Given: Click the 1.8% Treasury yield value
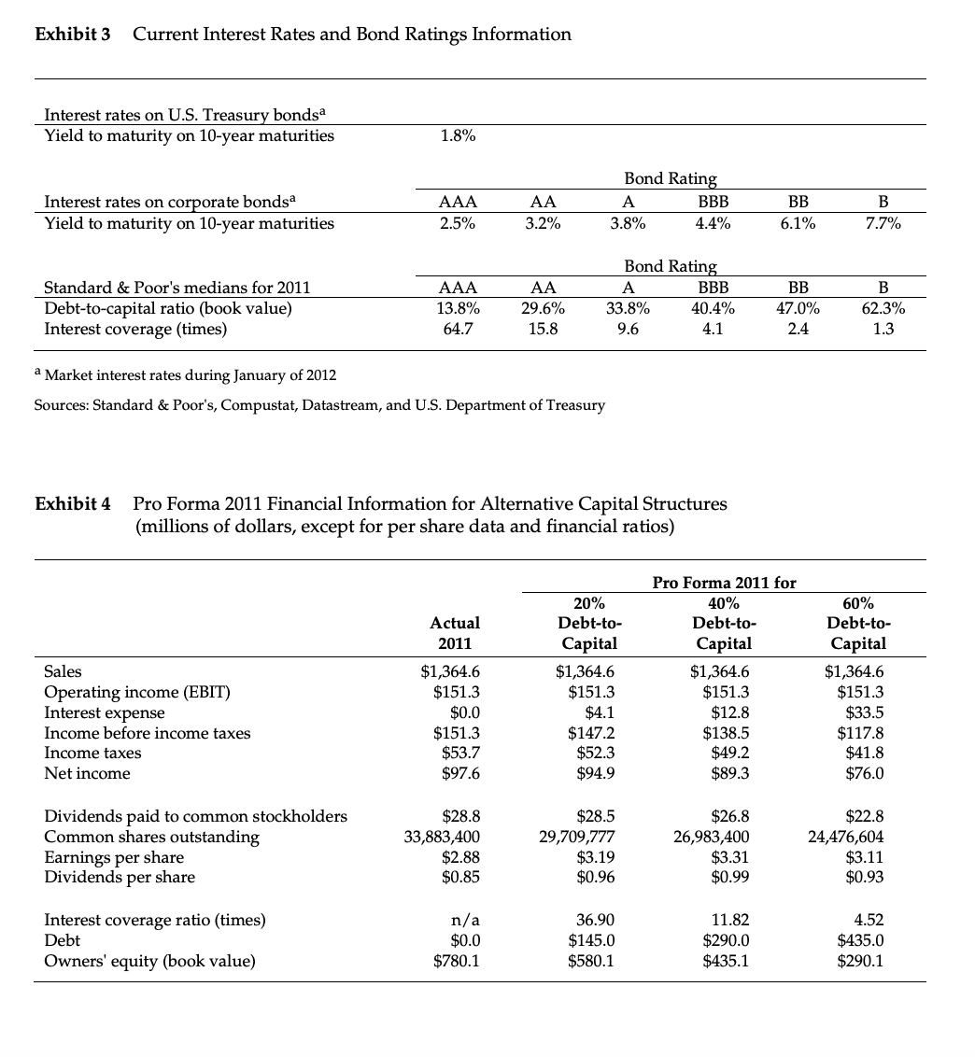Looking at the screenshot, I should [457, 135].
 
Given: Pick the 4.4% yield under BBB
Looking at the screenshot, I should [714, 223].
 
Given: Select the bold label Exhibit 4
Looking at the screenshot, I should [72, 504].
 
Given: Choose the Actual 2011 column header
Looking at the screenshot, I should [455, 632].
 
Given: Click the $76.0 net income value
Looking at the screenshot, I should [866, 773].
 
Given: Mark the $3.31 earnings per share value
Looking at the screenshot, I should [727, 857].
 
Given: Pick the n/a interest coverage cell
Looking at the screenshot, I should [466, 920].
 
